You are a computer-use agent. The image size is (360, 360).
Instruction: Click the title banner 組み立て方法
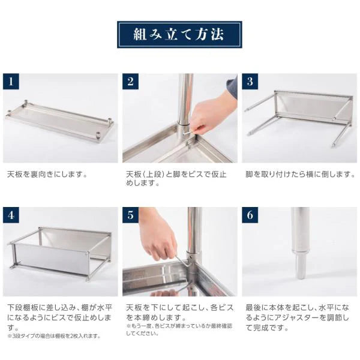point(179,34)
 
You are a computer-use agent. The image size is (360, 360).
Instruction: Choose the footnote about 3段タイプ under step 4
point(54,336)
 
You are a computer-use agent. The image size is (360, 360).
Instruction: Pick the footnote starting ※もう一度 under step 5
point(179,329)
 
